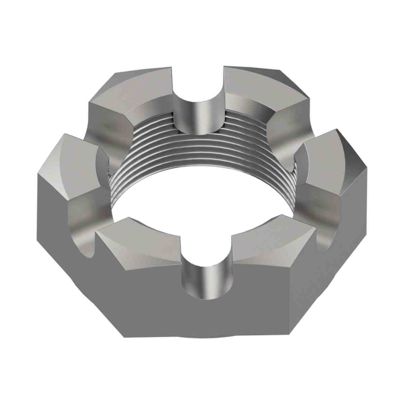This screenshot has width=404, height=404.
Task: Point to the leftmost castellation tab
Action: (69, 167)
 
